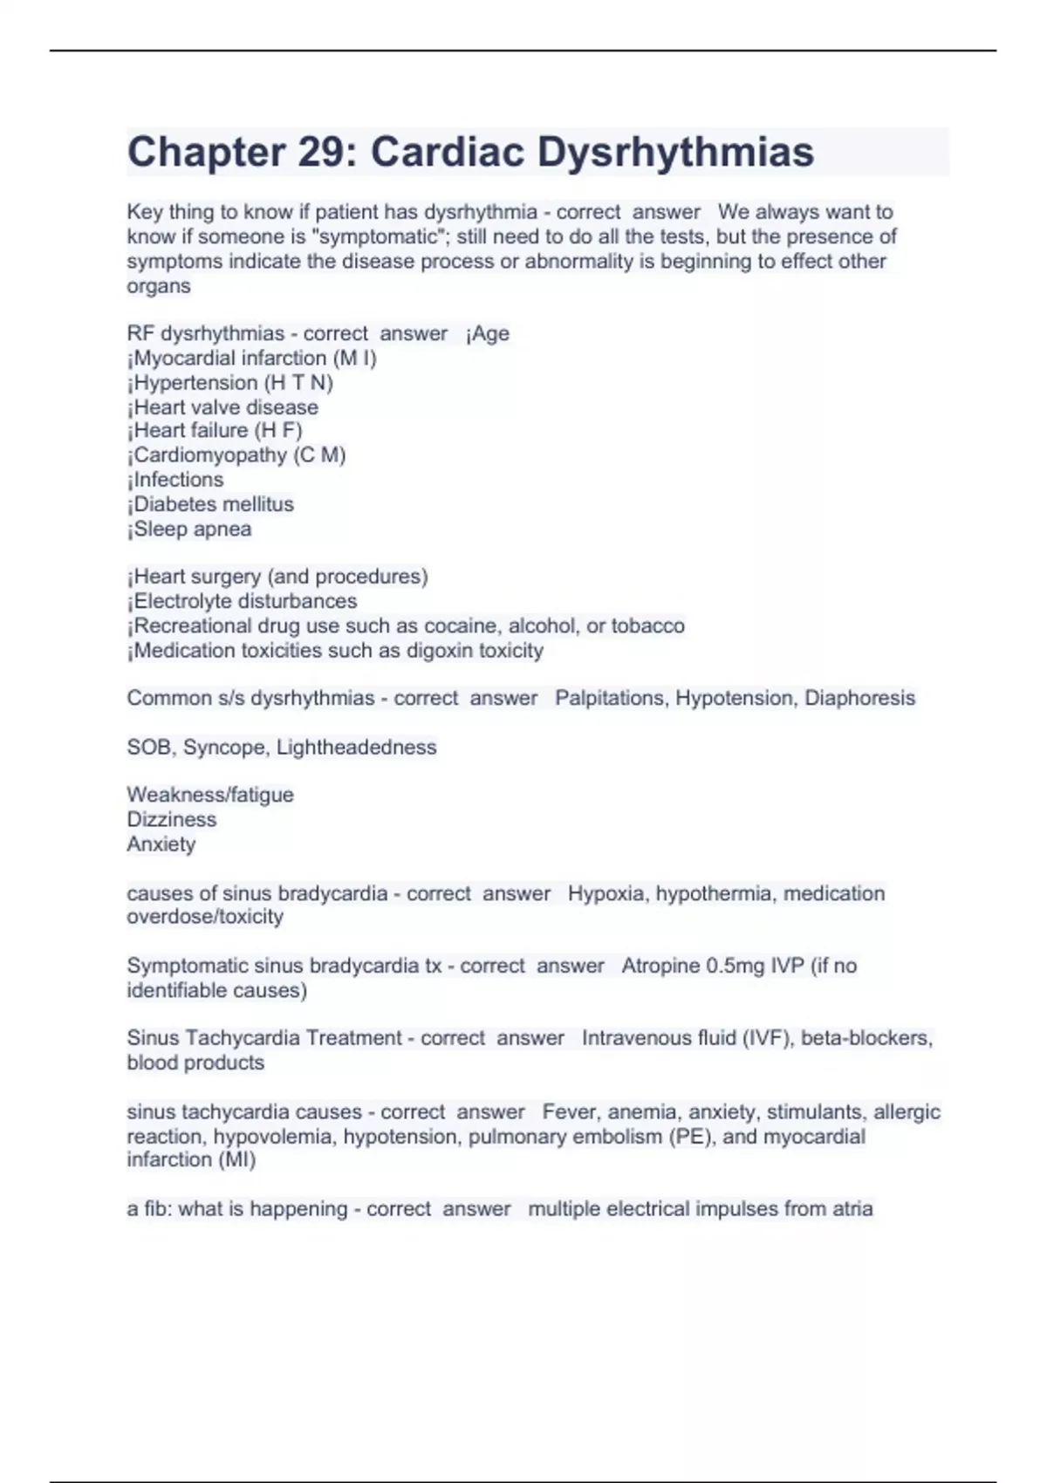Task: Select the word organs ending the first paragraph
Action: pyautogui.click(x=158, y=286)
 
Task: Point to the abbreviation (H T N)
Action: pyautogui.click(x=298, y=382)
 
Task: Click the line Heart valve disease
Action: pyautogui.click(x=222, y=407)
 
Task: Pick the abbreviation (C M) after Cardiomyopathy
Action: pyautogui.click(x=320, y=454)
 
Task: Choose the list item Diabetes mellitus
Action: pyautogui.click(x=210, y=504)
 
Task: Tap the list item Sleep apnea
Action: pyautogui.click(x=189, y=529)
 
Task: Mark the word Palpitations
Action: pyautogui.click(x=609, y=698)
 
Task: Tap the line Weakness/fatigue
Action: pyautogui.click(x=210, y=795)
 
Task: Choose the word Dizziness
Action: pyautogui.click(x=171, y=819)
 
